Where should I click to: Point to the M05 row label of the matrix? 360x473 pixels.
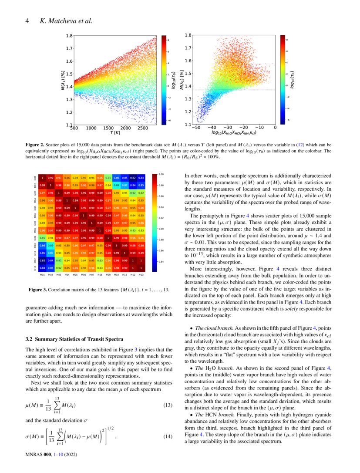34,208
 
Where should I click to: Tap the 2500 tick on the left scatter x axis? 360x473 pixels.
142,128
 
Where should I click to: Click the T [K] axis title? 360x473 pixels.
115,133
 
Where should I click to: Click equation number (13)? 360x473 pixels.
168,405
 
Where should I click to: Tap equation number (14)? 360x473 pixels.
168,436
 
